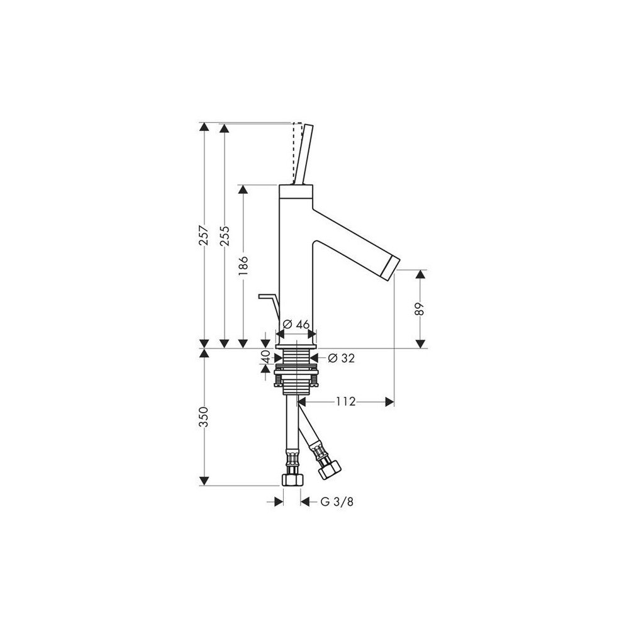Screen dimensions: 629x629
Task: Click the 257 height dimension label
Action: pyautogui.click(x=204, y=235)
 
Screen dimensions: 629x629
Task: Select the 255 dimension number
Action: pyautogui.click(x=225, y=235)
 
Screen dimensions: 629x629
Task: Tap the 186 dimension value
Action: pyautogui.click(x=243, y=265)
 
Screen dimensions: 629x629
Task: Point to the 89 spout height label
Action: pyautogui.click(x=420, y=309)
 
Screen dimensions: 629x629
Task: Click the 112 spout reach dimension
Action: pyautogui.click(x=346, y=401)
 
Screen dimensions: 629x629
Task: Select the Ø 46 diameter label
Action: pyautogui.click(x=296, y=324)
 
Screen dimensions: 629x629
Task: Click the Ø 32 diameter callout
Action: pyautogui.click(x=342, y=359)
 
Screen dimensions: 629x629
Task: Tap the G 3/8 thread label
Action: pyautogui.click(x=337, y=501)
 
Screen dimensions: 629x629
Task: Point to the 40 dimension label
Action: pyautogui.click(x=265, y=356)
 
